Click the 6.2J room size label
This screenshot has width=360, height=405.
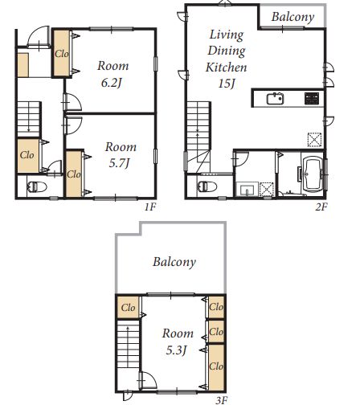point(112,83)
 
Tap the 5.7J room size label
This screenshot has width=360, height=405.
point(119,163)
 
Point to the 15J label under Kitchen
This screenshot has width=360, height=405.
point(227,84)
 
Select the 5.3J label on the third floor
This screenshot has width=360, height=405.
point(176,350)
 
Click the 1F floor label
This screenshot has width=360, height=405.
point(150,207)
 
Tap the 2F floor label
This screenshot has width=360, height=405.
point(321,207)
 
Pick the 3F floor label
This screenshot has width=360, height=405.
point(222,400)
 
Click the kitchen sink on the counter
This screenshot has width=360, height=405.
point(275,99)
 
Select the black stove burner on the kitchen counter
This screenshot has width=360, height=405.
point(312,98)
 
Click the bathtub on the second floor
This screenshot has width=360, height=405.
point(313,174)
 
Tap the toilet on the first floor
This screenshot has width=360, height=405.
point(37,186)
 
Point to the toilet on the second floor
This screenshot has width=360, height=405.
point(207,186)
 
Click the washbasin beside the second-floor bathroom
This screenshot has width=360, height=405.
point(247,190)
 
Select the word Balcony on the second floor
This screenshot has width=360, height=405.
point(292,17)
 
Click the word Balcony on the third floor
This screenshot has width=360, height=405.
point(174,262)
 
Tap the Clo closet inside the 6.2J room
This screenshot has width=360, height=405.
point(62,54)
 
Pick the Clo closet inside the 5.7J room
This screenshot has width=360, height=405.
point(74,174)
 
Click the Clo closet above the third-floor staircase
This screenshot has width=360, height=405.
point(128,307)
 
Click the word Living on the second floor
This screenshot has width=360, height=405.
point(227,35)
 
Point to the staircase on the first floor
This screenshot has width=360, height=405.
point(29,119)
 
